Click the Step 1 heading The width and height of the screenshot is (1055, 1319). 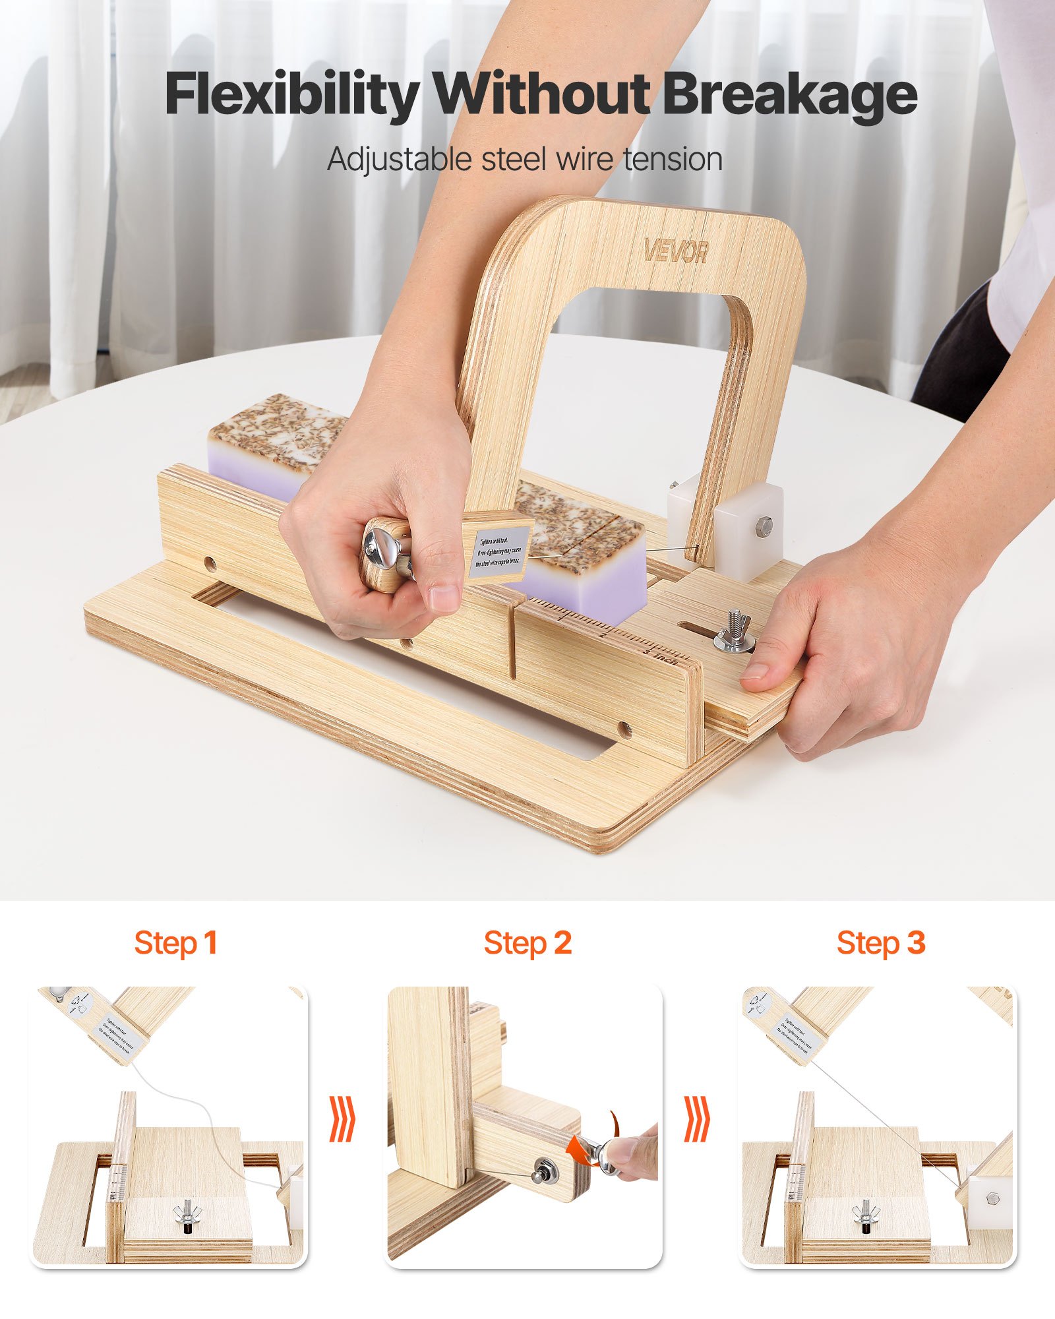click(175, 943)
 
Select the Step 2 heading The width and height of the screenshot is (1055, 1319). click(527, 943)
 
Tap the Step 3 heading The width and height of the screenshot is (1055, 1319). click(881, 943)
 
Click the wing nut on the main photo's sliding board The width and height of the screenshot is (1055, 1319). click(737, 632)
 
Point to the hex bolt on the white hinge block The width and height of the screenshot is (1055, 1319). click(764, 526)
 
